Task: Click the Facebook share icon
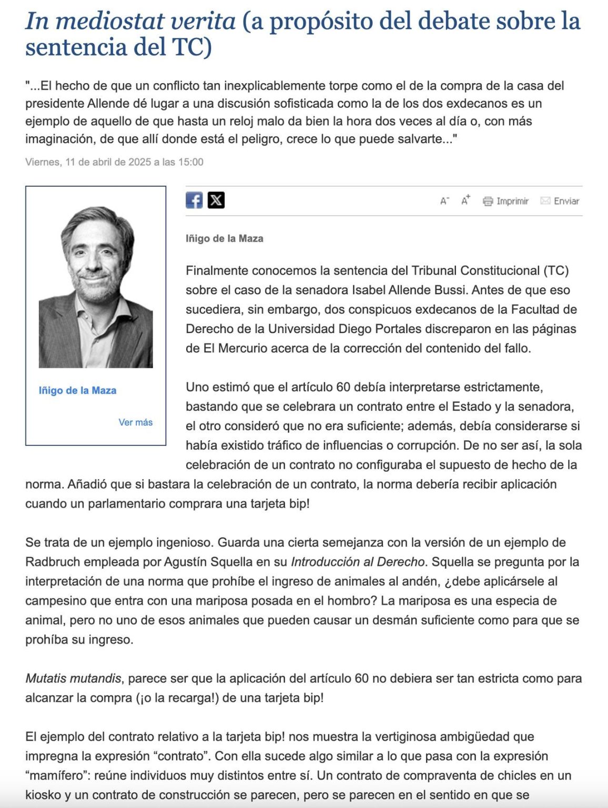[194, 200]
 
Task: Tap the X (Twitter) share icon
[216, 200]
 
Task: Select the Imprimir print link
[505, 201]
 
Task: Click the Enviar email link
[560, 201]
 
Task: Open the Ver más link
[135, 422]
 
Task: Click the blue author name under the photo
[77, 390]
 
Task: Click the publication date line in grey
[114, 162]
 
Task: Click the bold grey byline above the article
[224, 238]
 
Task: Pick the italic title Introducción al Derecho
[358, 562]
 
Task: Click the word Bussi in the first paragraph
[451, 290]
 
